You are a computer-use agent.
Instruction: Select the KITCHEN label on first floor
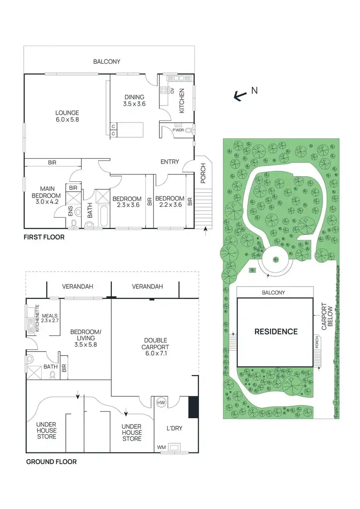(x=182, y=101)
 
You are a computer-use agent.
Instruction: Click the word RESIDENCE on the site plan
(x=276, y=331)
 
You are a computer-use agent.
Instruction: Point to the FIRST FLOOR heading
(x=44, y=237)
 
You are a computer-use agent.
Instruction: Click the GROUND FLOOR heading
(x=51, y=462)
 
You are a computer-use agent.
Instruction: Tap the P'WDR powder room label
(x=171, y=130)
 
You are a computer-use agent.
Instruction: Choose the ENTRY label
(x=169, y=162)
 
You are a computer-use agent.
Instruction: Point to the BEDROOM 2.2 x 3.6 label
(x=170, y=202)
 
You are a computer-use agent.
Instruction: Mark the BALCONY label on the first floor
(x=107, y=62)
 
